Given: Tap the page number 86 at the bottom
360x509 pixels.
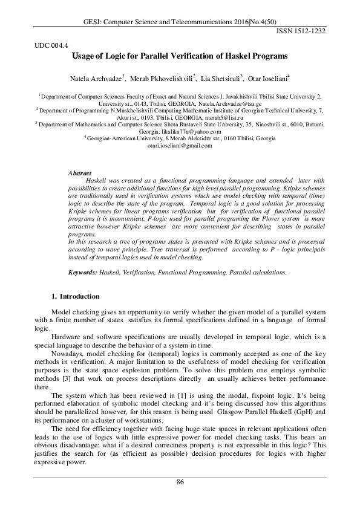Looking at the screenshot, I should click(180, 481).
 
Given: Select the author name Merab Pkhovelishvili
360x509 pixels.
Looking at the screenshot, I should click(163, 79).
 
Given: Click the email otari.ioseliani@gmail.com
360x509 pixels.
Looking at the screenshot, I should click(180, 145).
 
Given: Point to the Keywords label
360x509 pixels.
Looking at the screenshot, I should click(82, 273).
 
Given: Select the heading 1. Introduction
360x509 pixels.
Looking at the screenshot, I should click(76, 296).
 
